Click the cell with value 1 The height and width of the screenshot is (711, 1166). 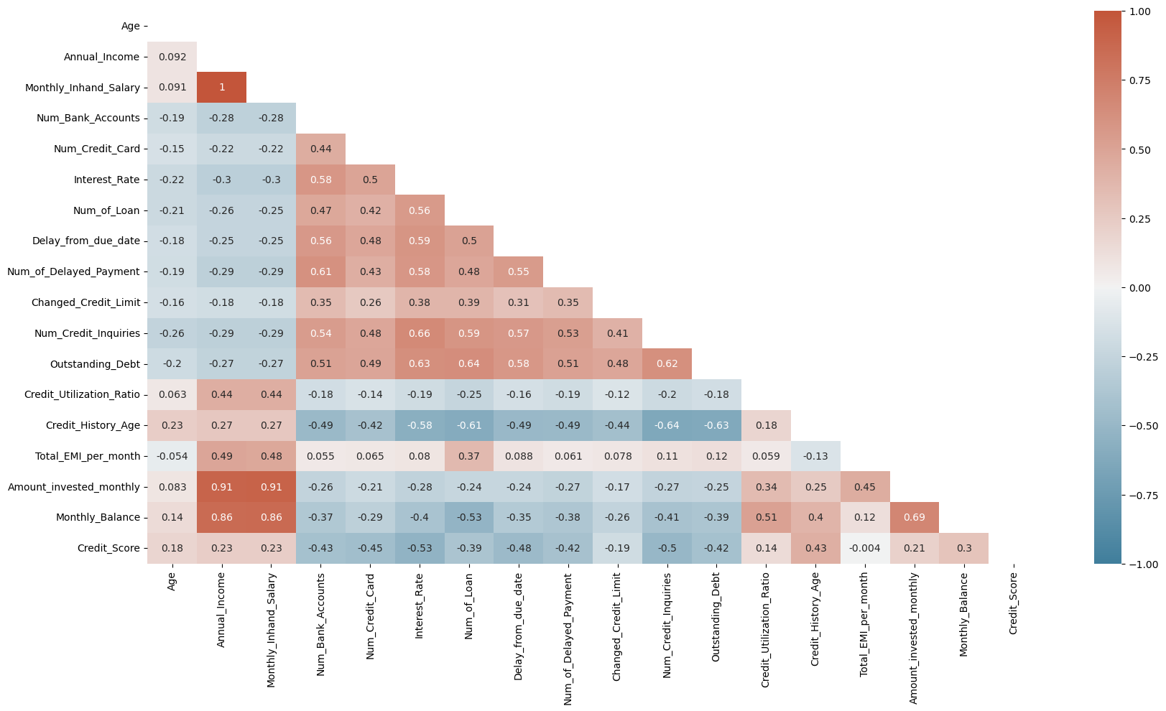coord(222,88)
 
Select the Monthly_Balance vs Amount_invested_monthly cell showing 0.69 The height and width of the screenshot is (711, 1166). coord(915,517)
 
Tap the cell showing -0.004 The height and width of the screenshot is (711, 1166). coord(865,548)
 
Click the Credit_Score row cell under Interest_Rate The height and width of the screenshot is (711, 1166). coord(420,548)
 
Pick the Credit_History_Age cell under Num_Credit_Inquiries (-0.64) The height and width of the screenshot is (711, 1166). coord(667,425)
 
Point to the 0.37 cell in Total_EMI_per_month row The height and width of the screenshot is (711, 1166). coord(469,456)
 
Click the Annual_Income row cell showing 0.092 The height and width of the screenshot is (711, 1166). coord(172,57)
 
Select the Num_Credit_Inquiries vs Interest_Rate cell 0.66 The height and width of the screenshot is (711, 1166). coord(420,333)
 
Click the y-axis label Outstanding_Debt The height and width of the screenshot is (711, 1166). coord(95,364)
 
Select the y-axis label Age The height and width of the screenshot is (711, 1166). coord(131,26)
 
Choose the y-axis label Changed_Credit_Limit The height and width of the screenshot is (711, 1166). coord(85,302)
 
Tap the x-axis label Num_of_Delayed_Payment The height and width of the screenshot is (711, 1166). coord(568,638)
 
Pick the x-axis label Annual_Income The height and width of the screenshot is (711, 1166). coord(221,610)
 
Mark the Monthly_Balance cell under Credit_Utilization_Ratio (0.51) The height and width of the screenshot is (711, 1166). coord(766,517)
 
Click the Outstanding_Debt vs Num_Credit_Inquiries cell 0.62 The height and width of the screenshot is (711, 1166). coord(667,364)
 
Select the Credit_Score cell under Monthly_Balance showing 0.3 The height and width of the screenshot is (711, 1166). coord(964,548)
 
